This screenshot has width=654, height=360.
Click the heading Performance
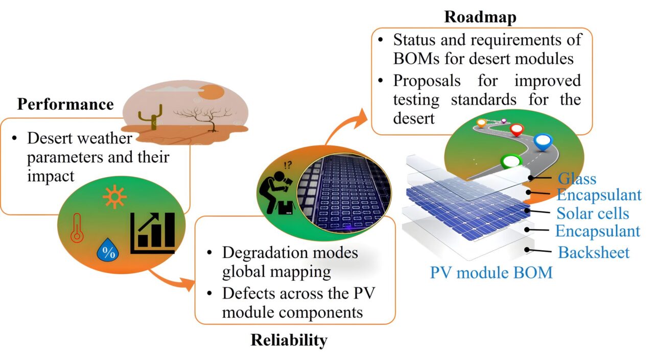point(65,104)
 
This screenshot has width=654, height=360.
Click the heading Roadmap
point(480,16)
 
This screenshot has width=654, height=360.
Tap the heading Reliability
point(289,340)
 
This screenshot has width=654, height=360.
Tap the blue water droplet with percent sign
point(107,251)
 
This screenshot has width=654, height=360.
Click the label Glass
point(577,179)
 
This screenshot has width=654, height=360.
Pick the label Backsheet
point(594,252)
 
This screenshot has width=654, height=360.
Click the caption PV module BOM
point(491,272)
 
